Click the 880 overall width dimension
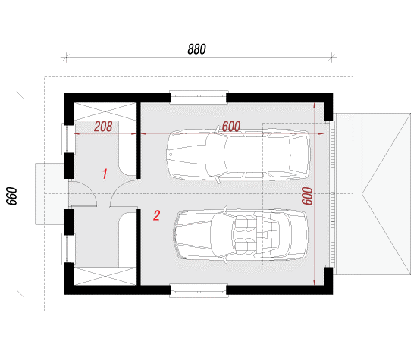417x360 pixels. point(196,49)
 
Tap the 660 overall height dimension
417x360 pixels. point(11,196)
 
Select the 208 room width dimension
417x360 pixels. point(103,127)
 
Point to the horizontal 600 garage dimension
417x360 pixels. point(231,127)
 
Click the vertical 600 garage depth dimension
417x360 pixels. point(307,196)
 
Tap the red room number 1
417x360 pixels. point(105,174)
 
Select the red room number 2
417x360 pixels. point(157,215)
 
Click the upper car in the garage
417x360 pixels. point(238,155)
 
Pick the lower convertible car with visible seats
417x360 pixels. point(240,234)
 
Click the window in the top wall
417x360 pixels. point(199,97)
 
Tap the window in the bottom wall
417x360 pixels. point(199,291)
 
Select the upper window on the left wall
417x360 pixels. point(68,139)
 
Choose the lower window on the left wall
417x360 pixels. point(68,249)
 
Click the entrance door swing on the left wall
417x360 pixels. point(83,193)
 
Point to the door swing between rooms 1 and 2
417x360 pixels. point(124,193)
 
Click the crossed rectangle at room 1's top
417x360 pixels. point(105,111)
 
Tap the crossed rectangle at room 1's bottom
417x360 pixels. point(105,276)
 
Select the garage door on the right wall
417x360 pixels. point(332,194)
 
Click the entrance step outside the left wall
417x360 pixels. point(50,194)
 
